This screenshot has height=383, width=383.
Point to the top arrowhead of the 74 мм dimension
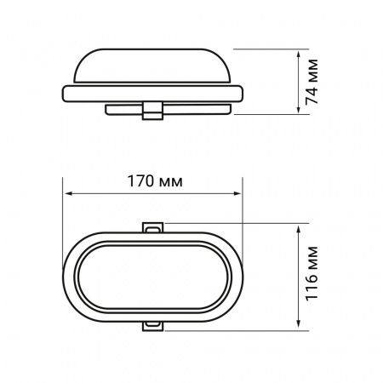pyautogui.click(x=299, y=53)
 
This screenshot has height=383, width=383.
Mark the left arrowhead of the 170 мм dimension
pyautogui.click(x=68, y=195)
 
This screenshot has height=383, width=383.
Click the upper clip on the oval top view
pyautogui.click(x=154, y=227)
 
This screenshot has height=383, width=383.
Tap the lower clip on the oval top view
pyautogui.click(x=154, y=324)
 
